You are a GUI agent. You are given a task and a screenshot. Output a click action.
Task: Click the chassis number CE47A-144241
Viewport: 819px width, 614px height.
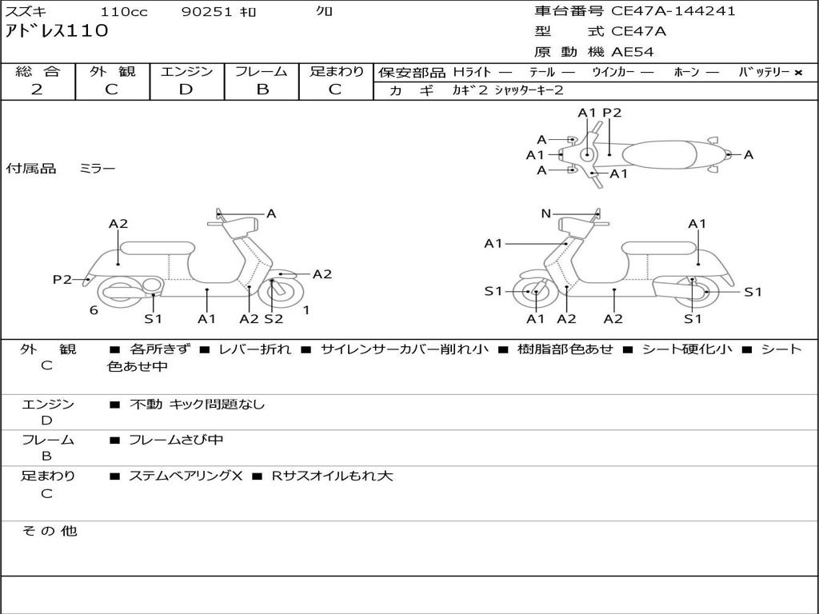click(x=673, y=11)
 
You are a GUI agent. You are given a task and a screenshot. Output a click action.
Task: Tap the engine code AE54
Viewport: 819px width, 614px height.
click(x=633, y=53)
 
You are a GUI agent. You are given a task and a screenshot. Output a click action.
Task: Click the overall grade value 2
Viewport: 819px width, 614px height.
click(x=37, y=90)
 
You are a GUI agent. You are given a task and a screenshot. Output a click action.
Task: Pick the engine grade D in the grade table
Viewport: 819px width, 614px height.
click(x=186, y=90)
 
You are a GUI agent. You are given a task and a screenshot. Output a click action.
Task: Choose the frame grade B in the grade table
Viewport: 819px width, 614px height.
click(x=262, y=90)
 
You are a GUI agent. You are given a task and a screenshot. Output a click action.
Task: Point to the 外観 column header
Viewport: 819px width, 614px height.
click(x=112, y=72)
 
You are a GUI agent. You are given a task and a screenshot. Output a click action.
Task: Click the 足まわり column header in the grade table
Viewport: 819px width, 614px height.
click(x=336, y=72)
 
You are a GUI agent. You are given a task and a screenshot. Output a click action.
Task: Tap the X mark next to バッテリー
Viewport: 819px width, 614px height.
click(x=797, y=73)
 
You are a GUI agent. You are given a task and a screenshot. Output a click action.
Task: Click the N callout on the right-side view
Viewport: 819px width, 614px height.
click(x=546, y=213)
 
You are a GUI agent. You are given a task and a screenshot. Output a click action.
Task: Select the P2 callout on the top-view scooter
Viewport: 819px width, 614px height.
click(x=612, y=113)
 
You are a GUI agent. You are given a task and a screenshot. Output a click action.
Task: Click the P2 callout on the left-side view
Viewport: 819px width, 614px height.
click(x=62, y=279)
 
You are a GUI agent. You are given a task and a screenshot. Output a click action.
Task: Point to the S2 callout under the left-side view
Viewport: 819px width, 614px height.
click(x=274, y=319)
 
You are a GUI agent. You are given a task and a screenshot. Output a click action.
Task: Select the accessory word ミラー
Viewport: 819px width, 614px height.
click(x=98, y=169)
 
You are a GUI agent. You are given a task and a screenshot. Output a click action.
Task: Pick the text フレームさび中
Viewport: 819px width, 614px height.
click(x=176, y=440)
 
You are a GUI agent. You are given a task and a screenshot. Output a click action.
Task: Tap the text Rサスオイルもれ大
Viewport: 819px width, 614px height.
click(x=332, y=476)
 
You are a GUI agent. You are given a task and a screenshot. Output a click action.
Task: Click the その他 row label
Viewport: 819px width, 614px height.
click(x=50, y=531)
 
